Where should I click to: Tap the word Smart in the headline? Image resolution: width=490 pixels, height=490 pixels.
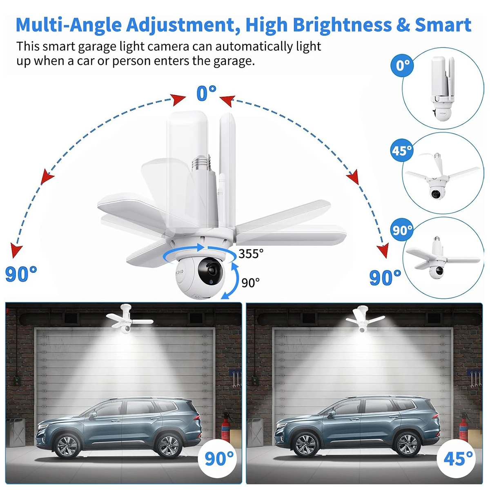[443, 25]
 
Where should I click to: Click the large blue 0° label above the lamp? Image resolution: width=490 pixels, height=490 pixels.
[206, 94]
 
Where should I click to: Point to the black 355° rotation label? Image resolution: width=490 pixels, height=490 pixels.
[251, 254]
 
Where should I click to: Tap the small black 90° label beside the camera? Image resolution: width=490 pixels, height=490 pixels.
[250, 283]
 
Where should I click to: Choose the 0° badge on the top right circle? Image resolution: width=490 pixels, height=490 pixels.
[403, 65]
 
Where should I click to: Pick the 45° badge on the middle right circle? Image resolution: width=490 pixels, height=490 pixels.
[402, 151]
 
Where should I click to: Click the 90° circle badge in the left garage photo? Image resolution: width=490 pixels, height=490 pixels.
[219, 458]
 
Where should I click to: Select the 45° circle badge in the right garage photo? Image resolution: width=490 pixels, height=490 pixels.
[458, 458]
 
